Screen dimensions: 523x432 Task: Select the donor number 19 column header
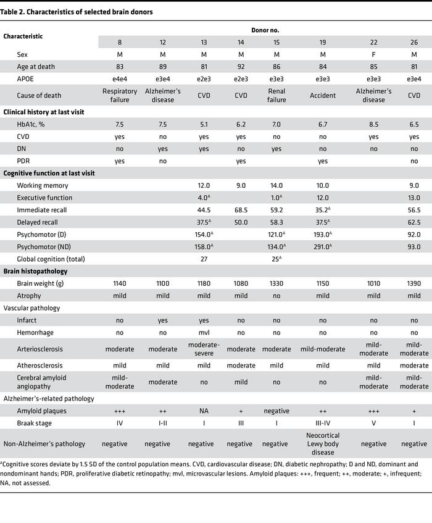coord(323,41)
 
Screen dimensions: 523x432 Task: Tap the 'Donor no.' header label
coord(264,30)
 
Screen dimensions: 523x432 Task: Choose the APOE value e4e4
coord(119,80)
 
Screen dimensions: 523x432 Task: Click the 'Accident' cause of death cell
coord(323,96)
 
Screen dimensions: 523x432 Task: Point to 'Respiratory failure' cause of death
coord(119,96)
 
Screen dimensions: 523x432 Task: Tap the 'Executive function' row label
coord(44,198)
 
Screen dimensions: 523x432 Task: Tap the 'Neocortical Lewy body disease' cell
coord(323,443)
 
